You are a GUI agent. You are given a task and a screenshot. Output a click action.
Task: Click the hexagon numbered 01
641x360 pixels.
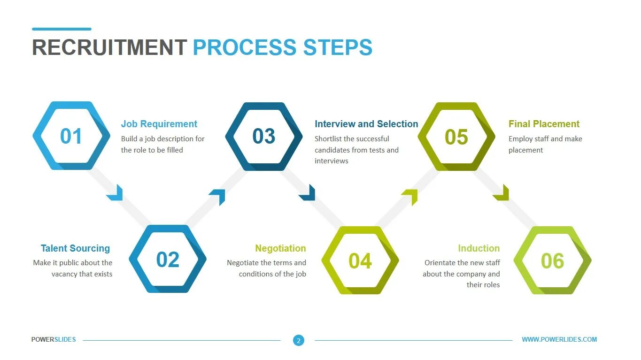tap(71, 136)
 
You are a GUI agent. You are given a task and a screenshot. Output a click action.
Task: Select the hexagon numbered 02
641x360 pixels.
tap(168, 260)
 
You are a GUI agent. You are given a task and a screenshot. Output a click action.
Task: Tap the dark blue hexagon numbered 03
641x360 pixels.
tap(264, 136)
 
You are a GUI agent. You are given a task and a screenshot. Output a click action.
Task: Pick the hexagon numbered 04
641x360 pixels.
tap(360, 260)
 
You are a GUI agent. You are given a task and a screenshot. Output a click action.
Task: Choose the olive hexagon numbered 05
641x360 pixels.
tap(456, 137)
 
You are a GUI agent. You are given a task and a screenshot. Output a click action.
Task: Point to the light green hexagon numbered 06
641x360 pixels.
tap(552, 260)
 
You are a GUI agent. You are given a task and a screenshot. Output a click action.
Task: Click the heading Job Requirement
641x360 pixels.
tap(159, 124)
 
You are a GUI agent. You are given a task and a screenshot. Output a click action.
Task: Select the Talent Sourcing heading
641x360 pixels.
tap(75, 248)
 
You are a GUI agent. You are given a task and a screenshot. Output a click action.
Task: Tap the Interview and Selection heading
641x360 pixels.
tap(366, 124)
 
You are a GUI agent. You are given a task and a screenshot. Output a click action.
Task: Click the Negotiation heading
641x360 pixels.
tap(280, 248)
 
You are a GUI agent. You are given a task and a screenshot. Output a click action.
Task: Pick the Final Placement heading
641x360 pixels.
tap(544, 124)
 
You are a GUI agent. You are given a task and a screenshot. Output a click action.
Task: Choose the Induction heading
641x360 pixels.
tap(479, 248)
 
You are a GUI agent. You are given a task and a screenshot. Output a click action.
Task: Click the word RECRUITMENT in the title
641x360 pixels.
tap(109, 47)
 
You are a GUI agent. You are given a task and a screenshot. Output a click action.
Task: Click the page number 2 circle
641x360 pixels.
tap(299, 340)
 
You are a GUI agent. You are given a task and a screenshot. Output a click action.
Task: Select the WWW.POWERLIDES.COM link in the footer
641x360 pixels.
tap(559, 339)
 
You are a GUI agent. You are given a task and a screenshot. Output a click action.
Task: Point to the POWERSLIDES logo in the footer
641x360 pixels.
tap(54, 339)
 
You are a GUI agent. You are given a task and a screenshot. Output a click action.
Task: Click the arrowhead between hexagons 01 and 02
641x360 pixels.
tap(116, 193)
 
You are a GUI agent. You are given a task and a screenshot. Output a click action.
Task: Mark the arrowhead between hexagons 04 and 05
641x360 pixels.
tap(410, 197)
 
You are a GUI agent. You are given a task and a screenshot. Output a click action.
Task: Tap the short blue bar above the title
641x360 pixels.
tap(62, 29)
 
